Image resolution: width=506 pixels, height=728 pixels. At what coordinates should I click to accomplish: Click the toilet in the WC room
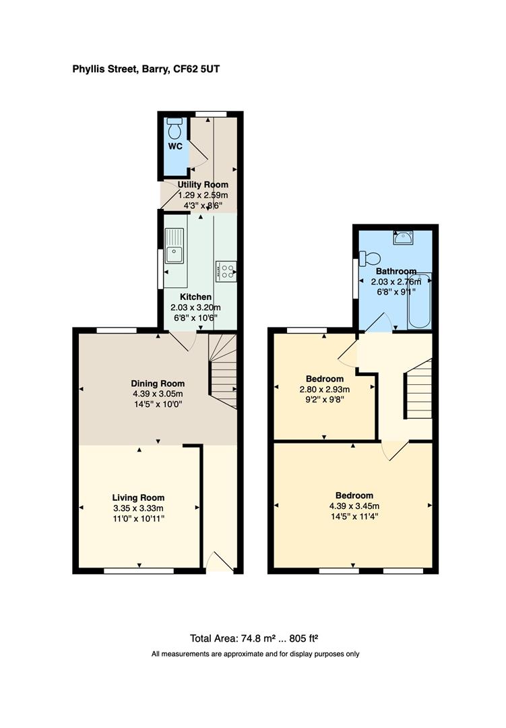pos(175,127)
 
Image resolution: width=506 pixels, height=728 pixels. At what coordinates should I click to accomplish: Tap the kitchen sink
pos(174,247)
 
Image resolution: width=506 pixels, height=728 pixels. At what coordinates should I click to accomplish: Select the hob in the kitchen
pos(226,271)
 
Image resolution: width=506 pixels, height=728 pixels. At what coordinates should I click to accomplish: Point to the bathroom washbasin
pos(405,237)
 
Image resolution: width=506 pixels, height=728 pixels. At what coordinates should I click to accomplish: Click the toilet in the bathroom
pos(369,258)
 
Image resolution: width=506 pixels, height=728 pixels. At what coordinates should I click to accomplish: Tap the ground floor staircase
pos(223,371)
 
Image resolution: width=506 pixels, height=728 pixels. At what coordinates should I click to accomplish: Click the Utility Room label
pos(203,185)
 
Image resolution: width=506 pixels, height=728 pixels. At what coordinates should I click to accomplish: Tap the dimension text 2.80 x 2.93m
pos(325,390)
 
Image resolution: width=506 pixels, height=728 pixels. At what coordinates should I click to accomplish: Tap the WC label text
pos(175,146)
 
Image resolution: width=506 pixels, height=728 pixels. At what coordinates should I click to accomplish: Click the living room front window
pos(138,571)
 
